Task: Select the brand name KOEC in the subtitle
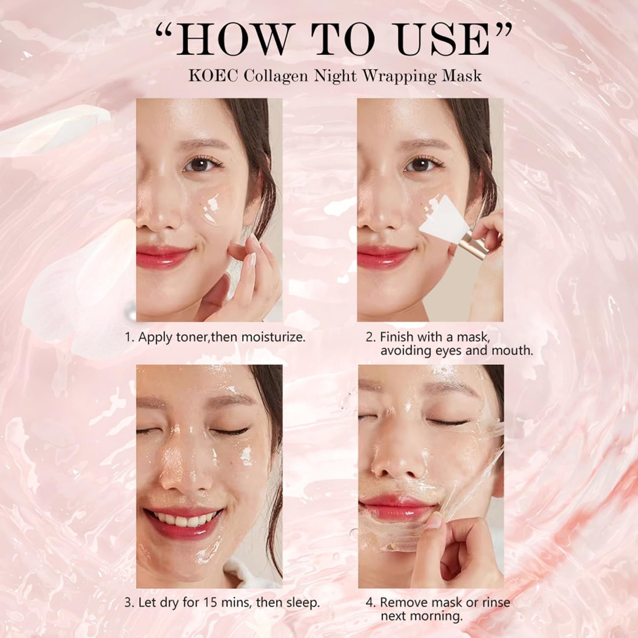(214, 76)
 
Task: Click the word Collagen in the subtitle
(276, 76)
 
